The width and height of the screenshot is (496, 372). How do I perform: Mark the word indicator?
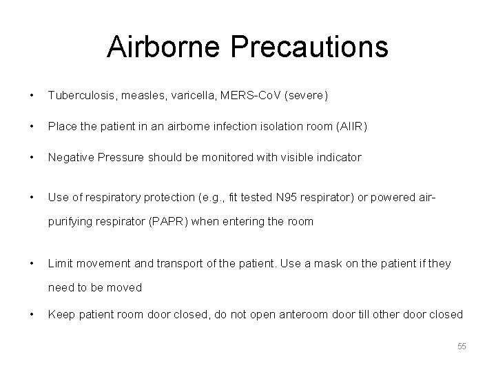[335, 157]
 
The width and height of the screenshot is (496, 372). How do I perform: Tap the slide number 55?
[461, 347]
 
